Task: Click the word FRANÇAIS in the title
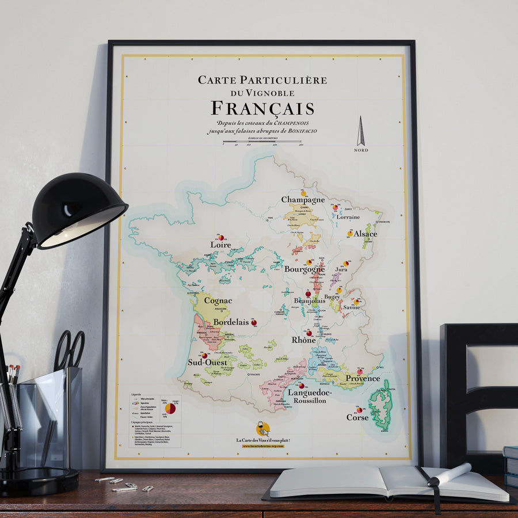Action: pyautogui.click(x=262, y=108)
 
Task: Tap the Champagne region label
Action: pyautogui.click(x=303, y=199)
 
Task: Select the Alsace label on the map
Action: pyautogui.click(x=365, y=234)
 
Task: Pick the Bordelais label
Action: pyautogui.click(x=231, y=322)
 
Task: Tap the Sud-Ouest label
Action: pyautogui.click(x=207, y=363)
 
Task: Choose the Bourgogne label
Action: pyautogui.click(x=304, y=269)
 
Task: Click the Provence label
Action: pyautogui.click(x=363, y=378)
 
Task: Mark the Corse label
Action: pyautogui.click(x=357, y=417)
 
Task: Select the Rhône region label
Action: pyautogui.click(x=303, y=340)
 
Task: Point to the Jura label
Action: pyautogui.click(x=341, y=269)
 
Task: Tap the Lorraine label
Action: pyautogui.click(x=348, y=217)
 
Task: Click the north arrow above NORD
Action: pyautogui.click(x=361, y=131)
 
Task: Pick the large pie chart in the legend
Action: pyautogui.click(x=170, y=408)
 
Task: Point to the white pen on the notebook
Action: pyautogui.click(x=449, y=474)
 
